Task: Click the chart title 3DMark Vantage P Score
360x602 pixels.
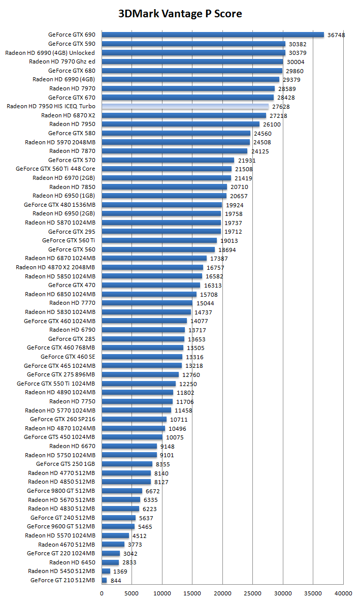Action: click(180, 14)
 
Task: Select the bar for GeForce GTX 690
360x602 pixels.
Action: click(213, 35)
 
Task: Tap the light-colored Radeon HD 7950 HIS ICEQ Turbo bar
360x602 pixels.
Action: click(185, 107)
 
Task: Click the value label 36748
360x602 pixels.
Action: click(336, 35)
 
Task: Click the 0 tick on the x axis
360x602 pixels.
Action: click(102, 593)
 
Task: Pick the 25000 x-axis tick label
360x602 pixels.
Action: click(253, 593)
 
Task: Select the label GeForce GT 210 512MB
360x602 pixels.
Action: click(62, 580)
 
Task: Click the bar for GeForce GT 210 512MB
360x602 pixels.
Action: click(105, 580)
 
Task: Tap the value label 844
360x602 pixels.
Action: click(116, 581)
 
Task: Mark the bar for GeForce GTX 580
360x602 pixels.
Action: click(176, 133)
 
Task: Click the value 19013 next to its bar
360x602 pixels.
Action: click(229, 241)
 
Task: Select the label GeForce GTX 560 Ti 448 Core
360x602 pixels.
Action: click(55, 169)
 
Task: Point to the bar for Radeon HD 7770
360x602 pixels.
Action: click(147, 303)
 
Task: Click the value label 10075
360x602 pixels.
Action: click(175, 437)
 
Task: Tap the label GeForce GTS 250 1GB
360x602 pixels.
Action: click(66, 464)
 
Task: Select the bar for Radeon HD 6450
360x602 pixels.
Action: click(110, 562)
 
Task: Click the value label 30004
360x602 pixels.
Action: click(296, 62)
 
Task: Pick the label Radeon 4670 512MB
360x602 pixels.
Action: click(67, 544)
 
